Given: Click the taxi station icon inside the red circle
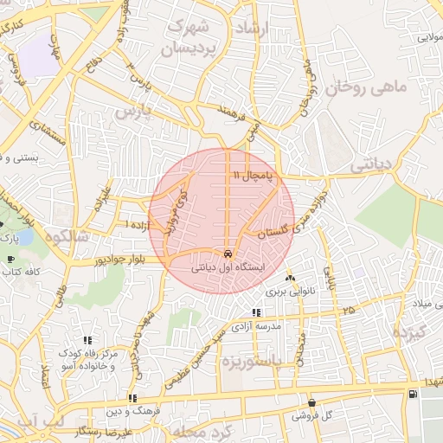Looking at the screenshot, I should [x=228, y=254].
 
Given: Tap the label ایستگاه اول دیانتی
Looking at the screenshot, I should [x=227, y=268].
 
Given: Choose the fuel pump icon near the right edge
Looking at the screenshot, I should [x=412, y=394].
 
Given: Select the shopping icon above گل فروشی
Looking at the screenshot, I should [x=311, y=403].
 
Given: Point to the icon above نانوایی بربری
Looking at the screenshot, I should [x=290, y=279].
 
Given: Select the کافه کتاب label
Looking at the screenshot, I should [x=22, y=272].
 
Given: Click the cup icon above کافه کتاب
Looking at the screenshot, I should [x=10, y=259].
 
